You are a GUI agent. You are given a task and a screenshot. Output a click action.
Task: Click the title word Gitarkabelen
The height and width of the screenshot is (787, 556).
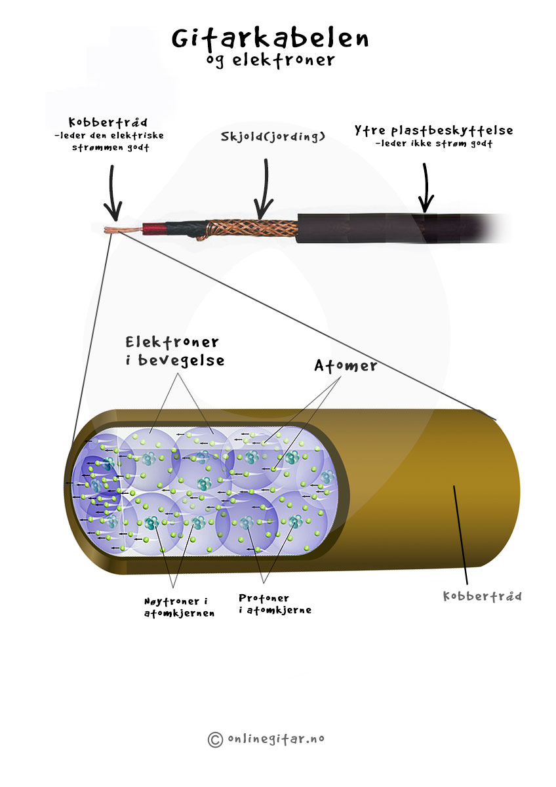click(269, 39)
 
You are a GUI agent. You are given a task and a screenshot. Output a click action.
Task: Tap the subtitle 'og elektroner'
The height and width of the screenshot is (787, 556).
click(269, 60)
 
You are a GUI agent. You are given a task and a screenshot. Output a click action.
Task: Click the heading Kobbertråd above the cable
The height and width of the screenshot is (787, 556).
click(108, 122)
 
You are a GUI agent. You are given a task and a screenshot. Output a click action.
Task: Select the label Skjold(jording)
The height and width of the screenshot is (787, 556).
click(273, 136)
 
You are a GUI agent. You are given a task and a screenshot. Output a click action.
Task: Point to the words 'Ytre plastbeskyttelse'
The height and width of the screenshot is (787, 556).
click(434, 131)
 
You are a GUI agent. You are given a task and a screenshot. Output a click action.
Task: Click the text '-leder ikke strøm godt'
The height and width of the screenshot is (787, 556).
click(434, 144)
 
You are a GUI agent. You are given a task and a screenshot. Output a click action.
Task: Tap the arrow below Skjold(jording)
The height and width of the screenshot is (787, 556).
click(264, 189)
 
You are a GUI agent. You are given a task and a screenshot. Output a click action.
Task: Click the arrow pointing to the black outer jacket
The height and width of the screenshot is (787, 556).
click(426, 188)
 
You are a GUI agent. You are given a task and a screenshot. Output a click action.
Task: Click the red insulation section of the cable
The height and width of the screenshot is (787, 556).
click(153, 230)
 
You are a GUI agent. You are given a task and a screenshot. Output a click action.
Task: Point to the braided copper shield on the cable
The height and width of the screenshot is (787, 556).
click(252, 228)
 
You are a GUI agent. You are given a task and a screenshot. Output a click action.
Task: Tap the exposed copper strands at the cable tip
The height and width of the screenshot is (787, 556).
click(123, 230)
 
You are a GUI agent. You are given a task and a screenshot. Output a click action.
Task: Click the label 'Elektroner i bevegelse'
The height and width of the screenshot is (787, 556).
click(174, 352)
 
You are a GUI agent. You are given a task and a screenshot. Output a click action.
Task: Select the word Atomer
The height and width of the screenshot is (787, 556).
click(346, 366)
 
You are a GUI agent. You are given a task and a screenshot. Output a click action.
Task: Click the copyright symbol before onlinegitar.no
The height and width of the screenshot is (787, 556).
click(215, 740)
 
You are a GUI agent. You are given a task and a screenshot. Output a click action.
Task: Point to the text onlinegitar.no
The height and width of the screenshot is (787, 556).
click(276, 738)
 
